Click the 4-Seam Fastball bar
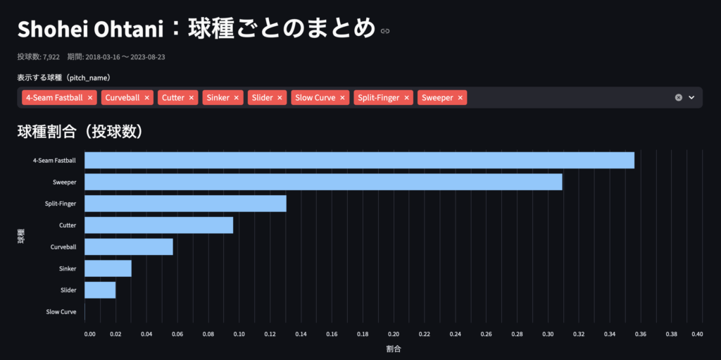pyautogui.click(x=359, y=160)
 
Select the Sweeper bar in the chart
pyautogui.click(x=323, y=182)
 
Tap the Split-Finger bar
pyautogui.click(x=185, y=204)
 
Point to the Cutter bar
pyautogui.click(x=158, y=225)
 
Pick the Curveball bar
pyautogui.click(x=128, y=247)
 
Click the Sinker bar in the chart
pyautogui.click(x=108, y=268)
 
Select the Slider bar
pyautogui.click(x=100, y=290)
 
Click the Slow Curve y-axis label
pyautogui.click(x=61, y=311)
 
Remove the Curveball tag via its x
pyautogui.click(x=147, y=98)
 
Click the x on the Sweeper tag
pyautogui.click(x=460, y=98)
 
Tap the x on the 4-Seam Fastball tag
pyautogui.click(x=91, y=98)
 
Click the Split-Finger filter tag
pyautogui.click(x=379, y=98)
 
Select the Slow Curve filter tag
pyautogui.click(x=315, y=98)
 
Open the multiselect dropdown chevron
pyautogui.click(x=691, y=98)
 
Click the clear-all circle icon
pyautogui.click(x=679, y=98)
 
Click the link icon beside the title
pyautogui.click(x=384, y=31)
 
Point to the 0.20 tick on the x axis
pyautogui.click(x=394, y=335)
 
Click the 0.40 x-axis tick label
pyautogui.click(x=697, y=335)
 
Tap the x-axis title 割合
pyautogui.click(x=394, y=349)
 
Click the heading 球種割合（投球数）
pyautogui.click(x=80, y=131)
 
